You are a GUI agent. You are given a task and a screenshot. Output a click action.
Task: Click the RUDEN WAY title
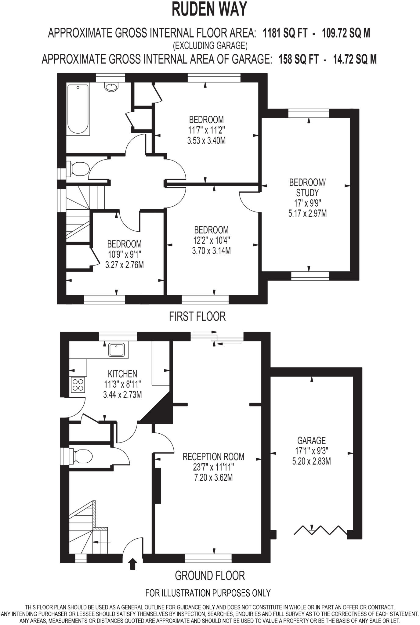click(209, 9)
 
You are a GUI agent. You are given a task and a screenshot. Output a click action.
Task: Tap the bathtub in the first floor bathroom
click(78, 109)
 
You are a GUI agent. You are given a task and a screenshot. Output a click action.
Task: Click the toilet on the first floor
click(78, 168)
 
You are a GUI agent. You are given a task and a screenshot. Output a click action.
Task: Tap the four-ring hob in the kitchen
click(78, 385)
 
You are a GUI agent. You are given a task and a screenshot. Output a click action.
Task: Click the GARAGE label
click(311, 440)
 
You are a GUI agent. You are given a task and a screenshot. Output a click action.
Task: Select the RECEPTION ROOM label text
click(213, 457)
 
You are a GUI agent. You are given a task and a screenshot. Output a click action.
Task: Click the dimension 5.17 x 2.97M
click(307, 213)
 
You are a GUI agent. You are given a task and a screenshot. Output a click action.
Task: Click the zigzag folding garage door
click(320, 531)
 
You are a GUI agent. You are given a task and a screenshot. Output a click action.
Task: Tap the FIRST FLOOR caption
click(197, 316)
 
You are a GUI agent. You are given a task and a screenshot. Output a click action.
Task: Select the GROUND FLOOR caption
click(210, 576)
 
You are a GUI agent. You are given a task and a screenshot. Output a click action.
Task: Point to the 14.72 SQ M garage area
click(355, 59)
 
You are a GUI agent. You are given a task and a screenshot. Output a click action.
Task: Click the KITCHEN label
click(122, 374)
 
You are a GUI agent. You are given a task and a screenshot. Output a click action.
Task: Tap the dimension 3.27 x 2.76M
click(124, 265)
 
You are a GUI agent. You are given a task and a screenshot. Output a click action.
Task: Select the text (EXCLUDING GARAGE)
click(210, 46)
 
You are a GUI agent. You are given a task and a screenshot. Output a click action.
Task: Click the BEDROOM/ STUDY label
click(307, 187)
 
